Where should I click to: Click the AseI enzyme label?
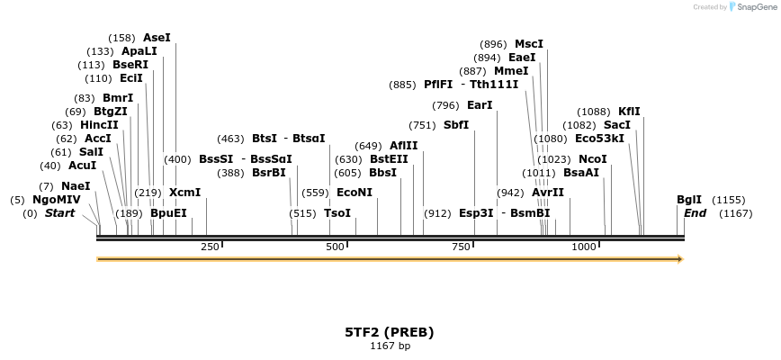[x=157, y=38]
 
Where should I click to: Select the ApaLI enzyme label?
[x=139, y=51]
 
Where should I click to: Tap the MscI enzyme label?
[x=529, y=44]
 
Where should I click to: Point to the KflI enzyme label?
[x=629, y=112]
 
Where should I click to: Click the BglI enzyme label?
[x=689, y=200]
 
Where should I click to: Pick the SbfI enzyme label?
[x=456, y=125]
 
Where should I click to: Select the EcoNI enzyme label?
[x=354, y=193]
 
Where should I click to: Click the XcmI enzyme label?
[x=184, y=193]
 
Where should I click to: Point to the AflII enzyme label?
[x=403, y=146]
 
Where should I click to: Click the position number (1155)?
[x=729, y=200]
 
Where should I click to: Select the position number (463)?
[x=230, y=139]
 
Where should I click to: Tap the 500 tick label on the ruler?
[x=336, y=247]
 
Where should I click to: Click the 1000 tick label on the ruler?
[x=584, y=247]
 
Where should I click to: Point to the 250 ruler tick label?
[x=211, y=247]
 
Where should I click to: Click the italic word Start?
[x=59, y=213]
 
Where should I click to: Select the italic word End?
[x=695, y=213]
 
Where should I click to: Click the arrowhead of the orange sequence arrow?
[x=679, y=259]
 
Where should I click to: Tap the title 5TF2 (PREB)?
[x=390, y=332]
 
